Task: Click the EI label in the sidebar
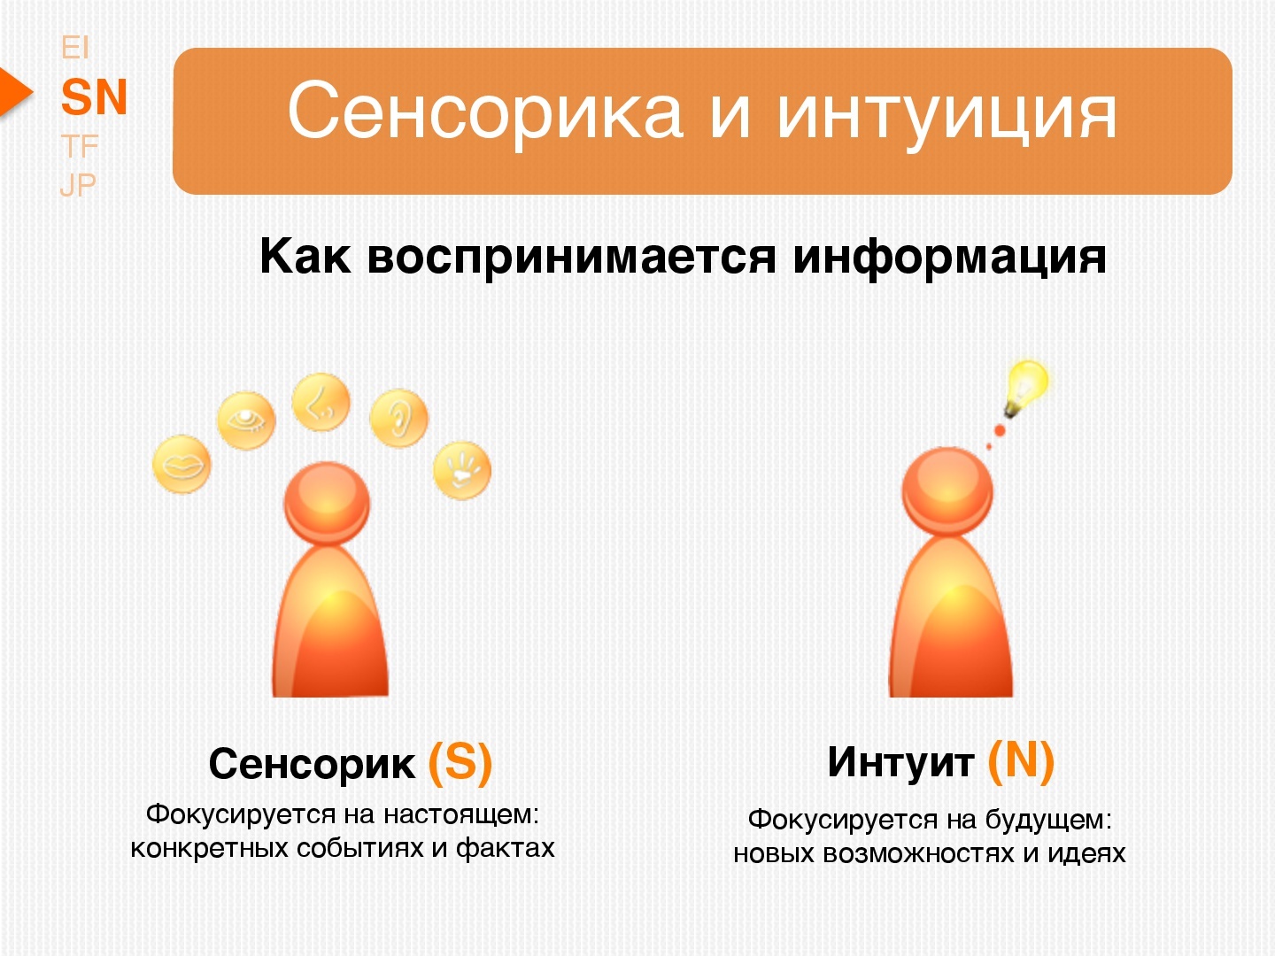point(75,48)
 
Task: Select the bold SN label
point(94,96)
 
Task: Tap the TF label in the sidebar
point(79,146)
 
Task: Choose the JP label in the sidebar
point(78,185)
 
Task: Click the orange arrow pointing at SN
point(16,92)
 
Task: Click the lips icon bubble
point(182,465)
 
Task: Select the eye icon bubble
point(246,420)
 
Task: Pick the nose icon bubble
point(321,402)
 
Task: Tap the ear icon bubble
point(399,418)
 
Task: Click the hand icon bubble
point(462,470)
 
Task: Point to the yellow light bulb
point(1026,387)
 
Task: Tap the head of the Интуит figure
point(947,490)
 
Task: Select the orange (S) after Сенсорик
point(460,763)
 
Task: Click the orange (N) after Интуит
point(1021,761)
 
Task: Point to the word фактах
point(506,849)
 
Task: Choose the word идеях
point(1086,854)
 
